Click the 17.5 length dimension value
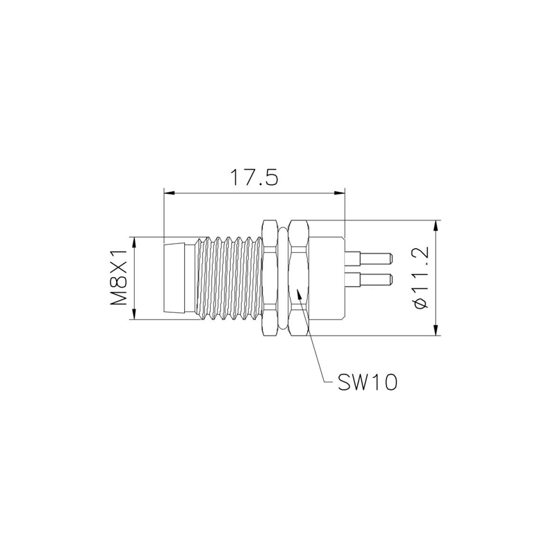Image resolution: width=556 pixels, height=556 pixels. (x=254, y=177)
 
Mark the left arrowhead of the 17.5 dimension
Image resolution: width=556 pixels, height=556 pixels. (x=167, y=194)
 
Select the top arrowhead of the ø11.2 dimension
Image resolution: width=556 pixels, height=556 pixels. (x=436, y=226)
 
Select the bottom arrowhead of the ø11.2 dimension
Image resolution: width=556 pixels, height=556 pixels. (x=436, y=332)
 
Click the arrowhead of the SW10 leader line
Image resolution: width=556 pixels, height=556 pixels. (x=300, y=294)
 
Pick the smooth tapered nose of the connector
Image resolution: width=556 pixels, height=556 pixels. (x=178, y=277)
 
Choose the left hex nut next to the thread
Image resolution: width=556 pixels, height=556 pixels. (x=270, y=277)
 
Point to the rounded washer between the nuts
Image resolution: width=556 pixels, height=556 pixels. (x=284, y=277)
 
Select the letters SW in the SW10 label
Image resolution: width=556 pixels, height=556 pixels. (x=354, y=382)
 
